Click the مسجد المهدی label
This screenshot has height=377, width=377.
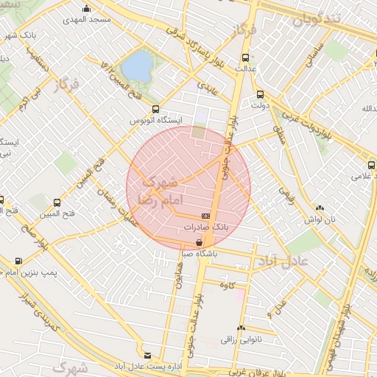[86, 19]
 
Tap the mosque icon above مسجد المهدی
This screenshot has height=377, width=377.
[86, 9]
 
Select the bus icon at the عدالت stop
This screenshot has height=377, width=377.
[245, 57]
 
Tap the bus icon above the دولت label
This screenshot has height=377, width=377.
[260, 94]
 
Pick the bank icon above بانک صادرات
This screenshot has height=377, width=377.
[205, 216]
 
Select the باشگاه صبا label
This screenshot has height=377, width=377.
[198, 255]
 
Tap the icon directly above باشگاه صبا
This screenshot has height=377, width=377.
[198, 243]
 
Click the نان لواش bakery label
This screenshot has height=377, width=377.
[320, 220]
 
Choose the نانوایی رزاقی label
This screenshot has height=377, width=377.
[242, 339]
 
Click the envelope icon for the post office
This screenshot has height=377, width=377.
[147, 355]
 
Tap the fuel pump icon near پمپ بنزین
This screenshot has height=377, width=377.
[18, 261]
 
